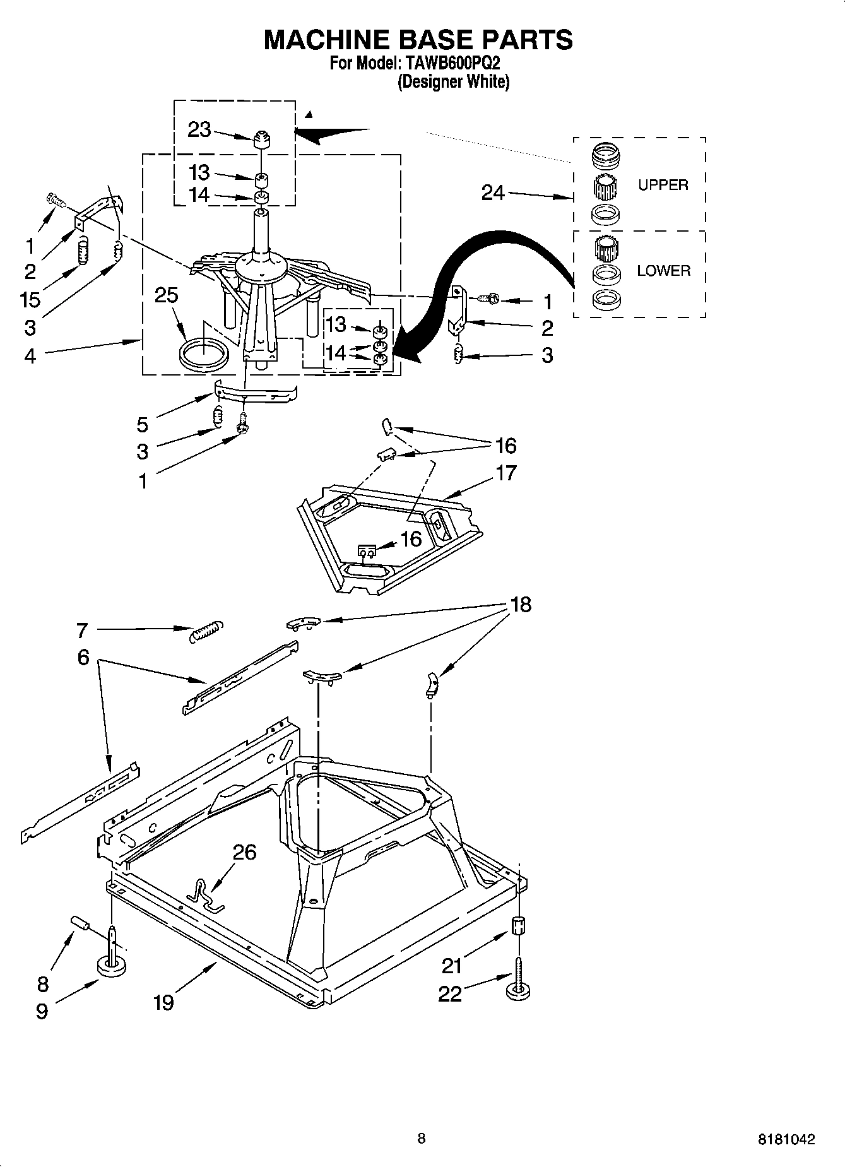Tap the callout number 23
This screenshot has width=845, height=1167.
click(x=199, y=129)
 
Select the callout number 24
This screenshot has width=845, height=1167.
click(x=493, y=193)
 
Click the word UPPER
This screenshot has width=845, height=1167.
click(x=663, y=185)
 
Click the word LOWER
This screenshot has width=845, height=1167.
click(x=663, y=271)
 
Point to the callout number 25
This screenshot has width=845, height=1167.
click(x=167, y=295)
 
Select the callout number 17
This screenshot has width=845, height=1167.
click(x=506, y=473)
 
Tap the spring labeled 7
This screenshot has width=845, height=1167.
click(x=206, y=631)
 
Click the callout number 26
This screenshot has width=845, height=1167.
click(x=244, y=852)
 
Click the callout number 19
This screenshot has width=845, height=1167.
click(x=163, y=1002)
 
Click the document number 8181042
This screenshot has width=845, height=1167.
click(x=786, y=1140)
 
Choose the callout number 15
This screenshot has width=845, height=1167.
click(x=30, y=299)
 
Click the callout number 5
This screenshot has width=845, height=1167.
click(x=143, y=424)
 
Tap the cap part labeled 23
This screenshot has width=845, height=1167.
click(x=261, y=138)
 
